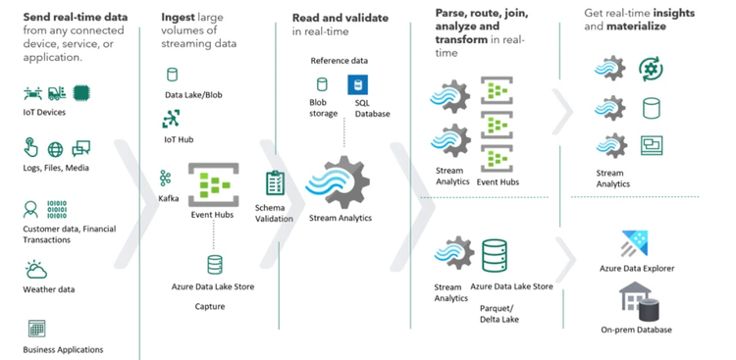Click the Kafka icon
[x=165, y=178]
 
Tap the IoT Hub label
[x=178, y=139]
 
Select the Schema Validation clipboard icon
[x=275, y=183]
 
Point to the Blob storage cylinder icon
[x=321, y=85]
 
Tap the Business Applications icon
[x=36, y=328]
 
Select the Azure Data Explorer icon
[x=631, y=244]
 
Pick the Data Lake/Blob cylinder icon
[x=173, y=75]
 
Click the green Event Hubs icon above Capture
[x=212, y=184]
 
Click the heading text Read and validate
[x=340, y=18]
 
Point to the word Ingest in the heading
[x=182, y=18]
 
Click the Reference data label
[x=339, y=61]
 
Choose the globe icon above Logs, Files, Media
[x=56, y=149]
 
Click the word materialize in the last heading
[x=638, y=26]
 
